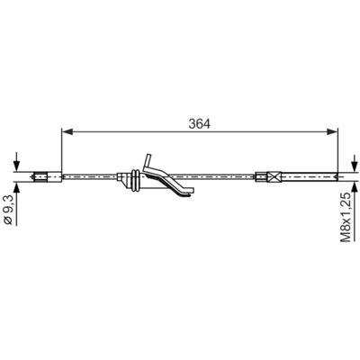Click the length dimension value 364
point(200,123)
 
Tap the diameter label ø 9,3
point(8,210)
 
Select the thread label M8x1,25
point(346,217)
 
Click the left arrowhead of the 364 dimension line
point(67,131)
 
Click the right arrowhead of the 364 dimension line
point(332,131)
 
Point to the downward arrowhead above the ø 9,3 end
point(16,166)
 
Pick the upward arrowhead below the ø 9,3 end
point(16,187)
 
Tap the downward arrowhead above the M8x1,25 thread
point(355,166)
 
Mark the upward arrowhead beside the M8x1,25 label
point(355,187)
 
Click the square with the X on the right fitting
point(274,176)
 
